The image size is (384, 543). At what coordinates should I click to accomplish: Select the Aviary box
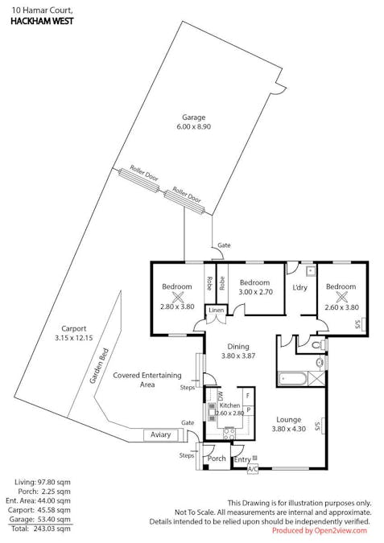(x=160, y=434)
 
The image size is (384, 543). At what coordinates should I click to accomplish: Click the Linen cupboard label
(x=216, y=311)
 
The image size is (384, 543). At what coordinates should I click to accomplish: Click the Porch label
(x=217, y=459)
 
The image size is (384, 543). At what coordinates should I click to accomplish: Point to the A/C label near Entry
(x=252, y=468)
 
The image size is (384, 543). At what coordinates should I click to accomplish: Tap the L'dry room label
(x=300, y=287)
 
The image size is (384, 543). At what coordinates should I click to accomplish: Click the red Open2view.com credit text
(x=320, y=531)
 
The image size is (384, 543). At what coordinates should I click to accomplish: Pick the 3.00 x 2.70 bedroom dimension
(x=254, y=292)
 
